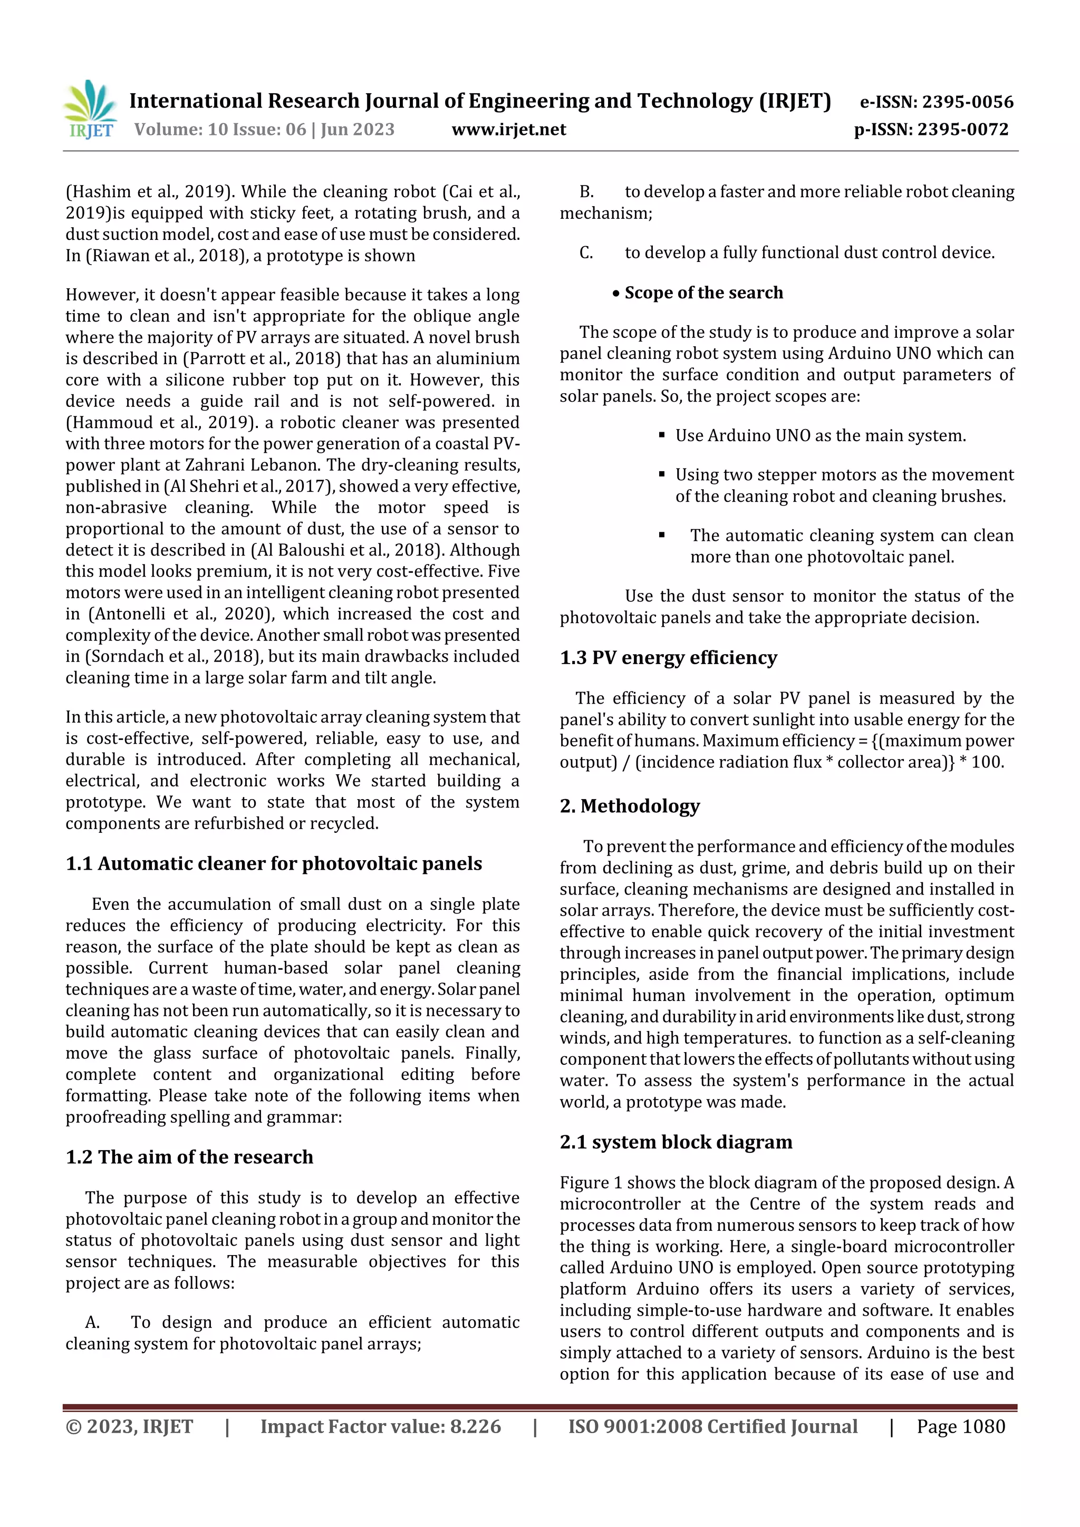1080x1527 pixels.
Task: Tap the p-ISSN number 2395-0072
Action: coord(963,129)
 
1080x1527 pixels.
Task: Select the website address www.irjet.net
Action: coord(508,129)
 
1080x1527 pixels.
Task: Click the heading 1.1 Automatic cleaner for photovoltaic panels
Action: coord(274,863)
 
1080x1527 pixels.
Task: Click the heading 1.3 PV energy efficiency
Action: coord(668,657)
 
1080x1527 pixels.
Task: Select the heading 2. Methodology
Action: coord(630,805)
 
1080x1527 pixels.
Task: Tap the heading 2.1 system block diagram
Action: coord(676,1141)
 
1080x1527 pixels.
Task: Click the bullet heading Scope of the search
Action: coord(703,293)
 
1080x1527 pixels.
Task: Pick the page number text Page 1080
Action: coord(960,1426)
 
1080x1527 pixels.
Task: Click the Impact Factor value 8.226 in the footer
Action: coord(475,1426)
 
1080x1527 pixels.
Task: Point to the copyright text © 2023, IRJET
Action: coord(129,1426)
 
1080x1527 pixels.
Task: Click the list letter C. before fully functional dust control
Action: coord(585,252)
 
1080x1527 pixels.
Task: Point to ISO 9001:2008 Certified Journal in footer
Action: coord(712,1426)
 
